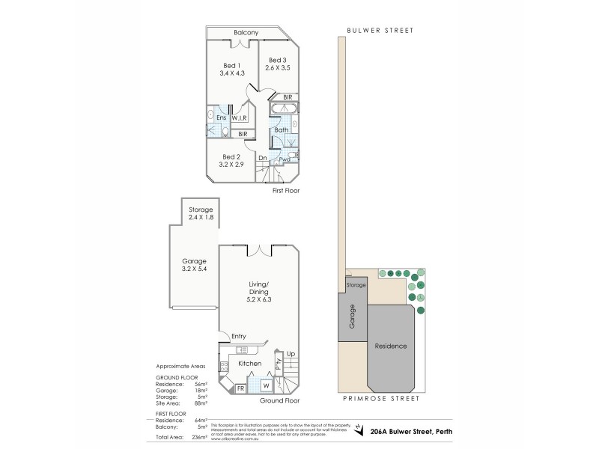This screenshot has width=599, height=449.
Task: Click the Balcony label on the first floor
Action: coord(246,32)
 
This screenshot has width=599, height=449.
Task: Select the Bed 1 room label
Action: coord(233,64)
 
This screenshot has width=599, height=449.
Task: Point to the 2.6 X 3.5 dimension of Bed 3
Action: coord(277,68)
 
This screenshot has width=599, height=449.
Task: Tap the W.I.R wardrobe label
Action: coord(240,118)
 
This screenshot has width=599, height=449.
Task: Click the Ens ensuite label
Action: coord(221,118)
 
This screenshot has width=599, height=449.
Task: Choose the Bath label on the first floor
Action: coord(282,129)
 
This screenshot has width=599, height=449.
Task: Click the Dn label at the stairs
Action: coord(263,158)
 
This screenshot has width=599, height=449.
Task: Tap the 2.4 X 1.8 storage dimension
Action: coord(201,217)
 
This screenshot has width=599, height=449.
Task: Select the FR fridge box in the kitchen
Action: coord(241,388)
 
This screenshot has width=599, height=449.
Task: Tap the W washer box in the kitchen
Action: coord(267,386)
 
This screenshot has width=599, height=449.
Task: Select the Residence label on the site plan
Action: coord(391,346)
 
